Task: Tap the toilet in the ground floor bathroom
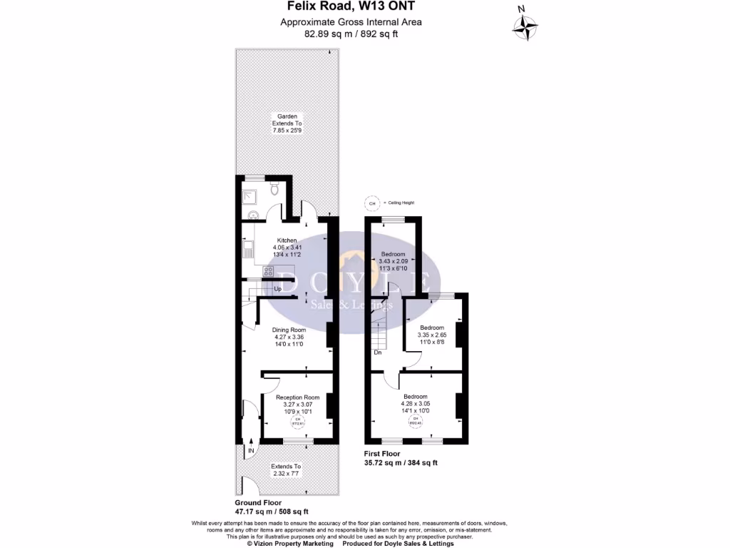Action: click(275, 189)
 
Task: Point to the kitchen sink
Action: click(247, 250)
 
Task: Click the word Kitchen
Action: click(287, 241)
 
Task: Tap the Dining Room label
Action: click(289, 330)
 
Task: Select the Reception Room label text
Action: click(298, 397)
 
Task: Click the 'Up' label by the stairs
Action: click(277, 289)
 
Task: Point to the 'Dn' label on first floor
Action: click(377, 352)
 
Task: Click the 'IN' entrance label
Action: click(251, 450)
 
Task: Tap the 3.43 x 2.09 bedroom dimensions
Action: click(393, 262)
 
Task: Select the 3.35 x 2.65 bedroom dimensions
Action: click(432, 335)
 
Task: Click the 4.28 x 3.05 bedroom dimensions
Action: click(416, 404)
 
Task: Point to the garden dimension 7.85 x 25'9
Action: click(287, 131)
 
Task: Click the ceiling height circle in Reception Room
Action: click(297, 421)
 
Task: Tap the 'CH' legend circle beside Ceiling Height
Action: click(371, 203)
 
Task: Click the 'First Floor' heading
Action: click(381, 454)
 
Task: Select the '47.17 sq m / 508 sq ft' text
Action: click(272, 511)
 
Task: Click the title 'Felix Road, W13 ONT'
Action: click(351, 8)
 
